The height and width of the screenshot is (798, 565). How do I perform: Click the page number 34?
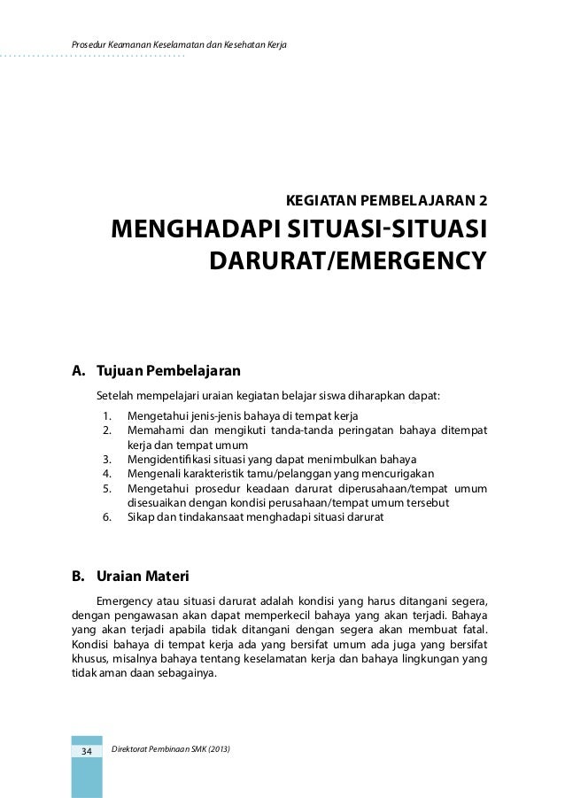click(87, 752)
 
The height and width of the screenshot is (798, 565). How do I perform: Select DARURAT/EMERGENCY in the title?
click(347, 261)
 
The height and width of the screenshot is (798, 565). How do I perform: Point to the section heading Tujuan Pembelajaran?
click(168, 369)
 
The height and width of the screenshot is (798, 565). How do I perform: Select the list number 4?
click(106, 473)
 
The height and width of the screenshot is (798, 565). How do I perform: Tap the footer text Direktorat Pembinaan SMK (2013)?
click(172, 751)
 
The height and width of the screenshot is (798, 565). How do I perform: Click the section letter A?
click(77, 369)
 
